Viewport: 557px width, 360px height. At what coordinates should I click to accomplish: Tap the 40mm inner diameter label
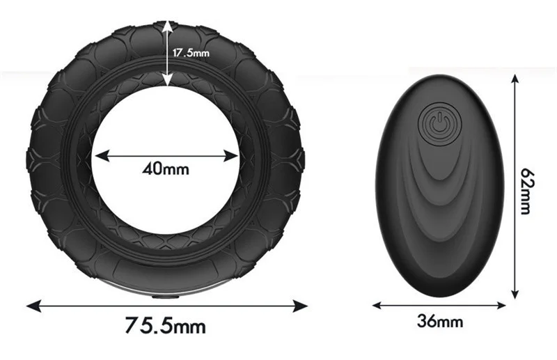(166, 168)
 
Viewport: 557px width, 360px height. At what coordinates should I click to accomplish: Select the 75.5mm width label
(166, 325)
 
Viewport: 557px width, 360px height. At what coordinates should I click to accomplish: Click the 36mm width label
(440, 321)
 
